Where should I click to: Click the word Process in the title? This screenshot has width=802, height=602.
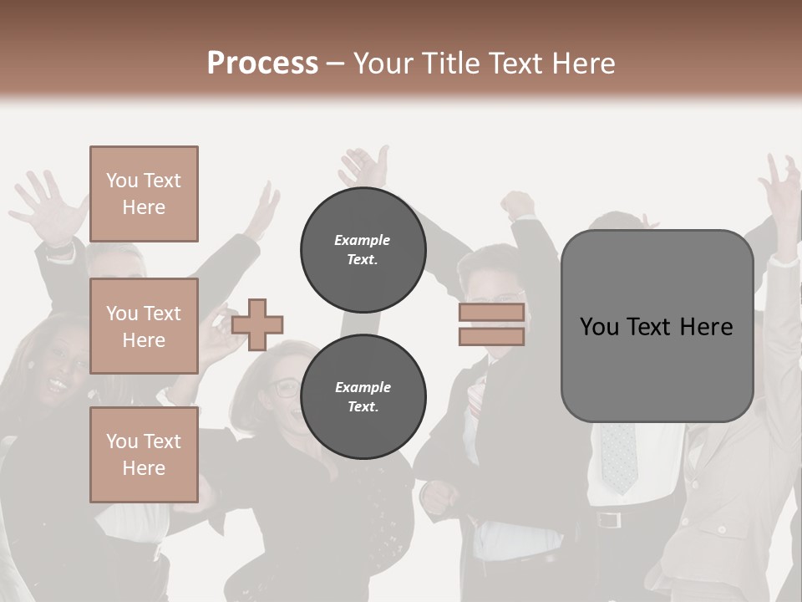click(262, 64)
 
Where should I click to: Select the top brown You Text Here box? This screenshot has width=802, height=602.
click(144, 194)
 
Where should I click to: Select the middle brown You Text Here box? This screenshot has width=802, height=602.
click(144, 326)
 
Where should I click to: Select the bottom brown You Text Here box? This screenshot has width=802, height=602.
click(144, 455)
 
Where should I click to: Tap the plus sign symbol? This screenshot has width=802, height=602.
click(257, 324)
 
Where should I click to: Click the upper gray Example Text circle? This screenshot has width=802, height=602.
click(363, 250)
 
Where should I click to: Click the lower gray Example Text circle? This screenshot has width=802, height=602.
click(363, 397)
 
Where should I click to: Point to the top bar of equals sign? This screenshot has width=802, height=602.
click(491, 313)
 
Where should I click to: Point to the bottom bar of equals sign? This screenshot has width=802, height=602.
click(491, 336)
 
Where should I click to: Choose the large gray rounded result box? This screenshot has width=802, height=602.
click(657, 326)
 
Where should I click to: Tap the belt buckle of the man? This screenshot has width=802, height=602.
click(610, 520)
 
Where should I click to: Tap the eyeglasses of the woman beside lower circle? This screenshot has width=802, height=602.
click(284, 387)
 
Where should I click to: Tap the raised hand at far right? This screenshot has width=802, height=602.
click(781, 188)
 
